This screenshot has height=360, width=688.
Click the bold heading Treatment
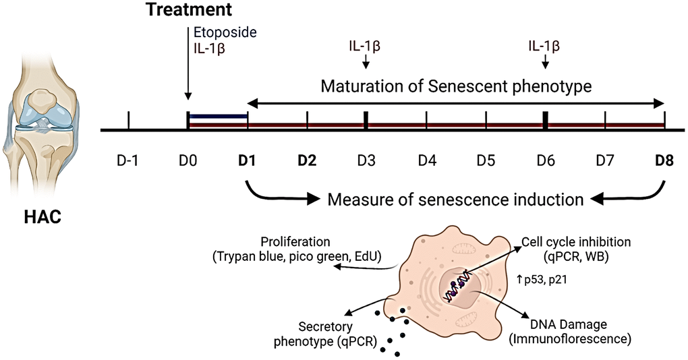coord(192,10)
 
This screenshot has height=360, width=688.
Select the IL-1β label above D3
coord(365,47)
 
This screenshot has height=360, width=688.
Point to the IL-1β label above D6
coord(544,47)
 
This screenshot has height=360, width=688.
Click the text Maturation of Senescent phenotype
coord(456,86)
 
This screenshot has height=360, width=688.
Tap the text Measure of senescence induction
coord(455,200)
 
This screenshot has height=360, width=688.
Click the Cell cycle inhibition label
coord(566,241)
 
